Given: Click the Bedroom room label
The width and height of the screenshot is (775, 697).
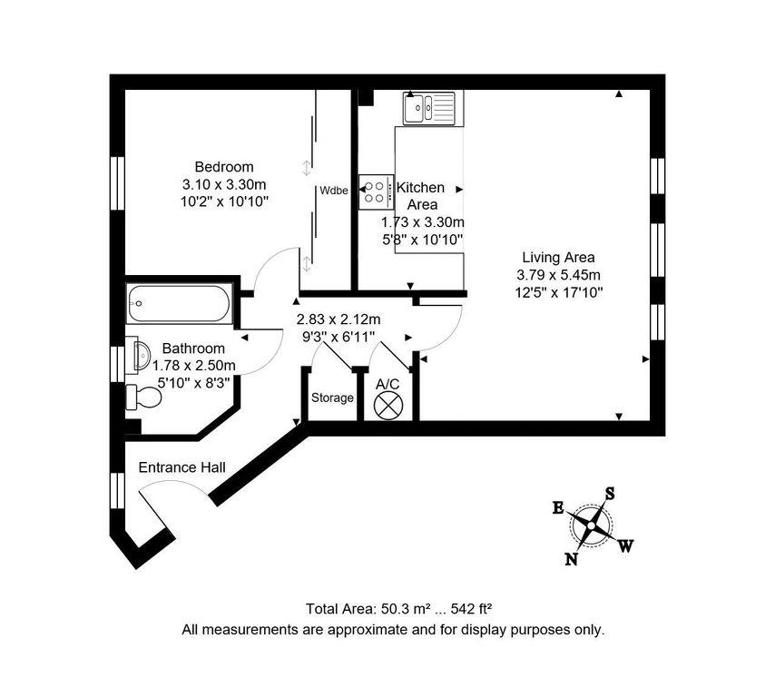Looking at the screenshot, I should [x=224, y=167].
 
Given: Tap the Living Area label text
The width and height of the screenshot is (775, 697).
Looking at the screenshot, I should [x=558, y=257].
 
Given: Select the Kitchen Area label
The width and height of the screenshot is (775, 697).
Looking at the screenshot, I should [x=421, y=196].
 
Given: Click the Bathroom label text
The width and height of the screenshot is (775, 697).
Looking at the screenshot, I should [x=193, y=348].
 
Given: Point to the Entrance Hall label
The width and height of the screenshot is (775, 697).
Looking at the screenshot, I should [x=181, y=467].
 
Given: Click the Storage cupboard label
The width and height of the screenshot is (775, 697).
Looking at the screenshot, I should [x=332, y=398].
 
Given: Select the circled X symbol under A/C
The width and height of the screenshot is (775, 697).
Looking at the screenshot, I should [x=389, y=405].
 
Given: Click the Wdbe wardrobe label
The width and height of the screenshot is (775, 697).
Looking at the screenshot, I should [x=333, y=191].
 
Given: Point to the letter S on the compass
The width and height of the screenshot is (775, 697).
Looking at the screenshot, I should [x=611, y=494].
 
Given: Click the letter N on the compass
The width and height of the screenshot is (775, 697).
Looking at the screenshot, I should [x=572, y=559].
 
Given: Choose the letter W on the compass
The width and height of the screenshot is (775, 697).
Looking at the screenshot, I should [x=626, y=545].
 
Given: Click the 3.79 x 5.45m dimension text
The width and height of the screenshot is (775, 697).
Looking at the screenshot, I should [x=558, y=275].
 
